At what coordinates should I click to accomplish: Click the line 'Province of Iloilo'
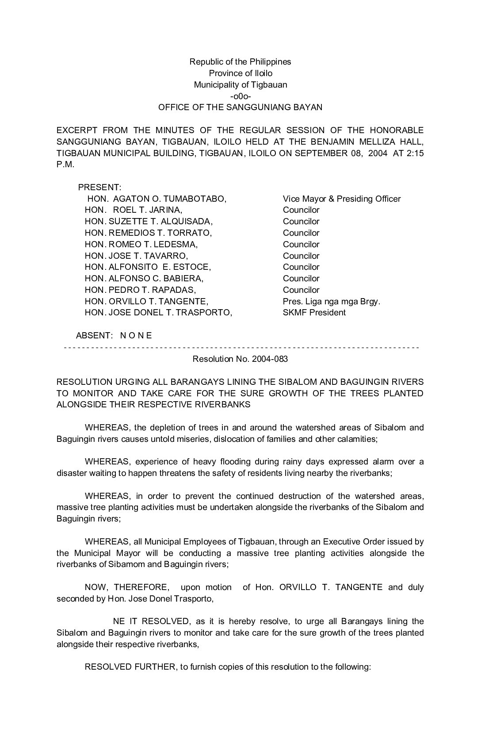[x=240, y=73]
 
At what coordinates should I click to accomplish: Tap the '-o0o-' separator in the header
[x=240, y=96]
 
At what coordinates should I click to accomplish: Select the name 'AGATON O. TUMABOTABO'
[x=170, y=199]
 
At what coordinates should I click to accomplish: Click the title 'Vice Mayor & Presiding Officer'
[x=342, y=199]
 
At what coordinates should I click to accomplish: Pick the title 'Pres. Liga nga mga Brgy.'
[x=332, y=302]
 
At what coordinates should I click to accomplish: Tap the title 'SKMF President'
[x=314, y=313]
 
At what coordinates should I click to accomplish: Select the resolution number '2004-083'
[x=270, y=359]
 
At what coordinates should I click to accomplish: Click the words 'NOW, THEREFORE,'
[x=126, y=587]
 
